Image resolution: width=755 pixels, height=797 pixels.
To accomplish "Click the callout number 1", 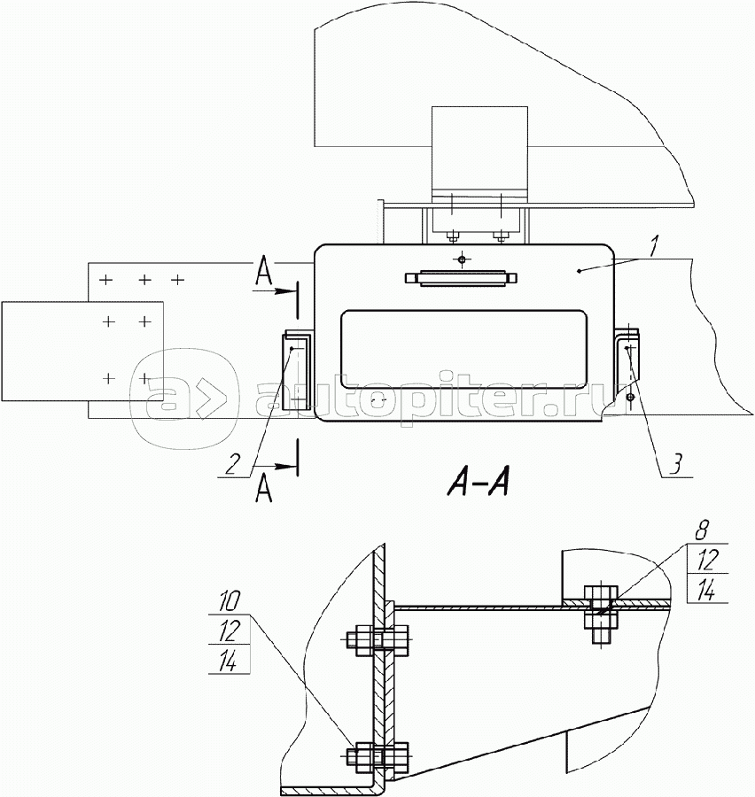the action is tap(653, 245).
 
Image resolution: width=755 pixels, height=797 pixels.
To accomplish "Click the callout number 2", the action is tap(232, 464).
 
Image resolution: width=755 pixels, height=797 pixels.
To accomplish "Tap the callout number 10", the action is tap(229, 602).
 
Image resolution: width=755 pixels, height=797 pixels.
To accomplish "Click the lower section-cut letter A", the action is tap(263, 490).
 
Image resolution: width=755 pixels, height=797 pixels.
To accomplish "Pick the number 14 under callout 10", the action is tap(229, 661).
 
